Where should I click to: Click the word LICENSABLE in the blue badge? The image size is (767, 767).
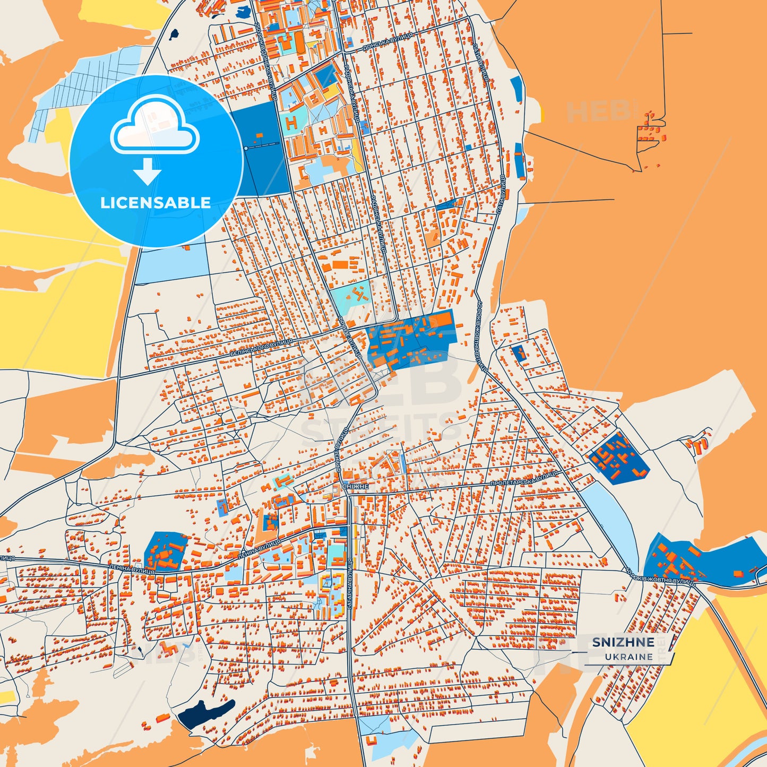click(156, 203)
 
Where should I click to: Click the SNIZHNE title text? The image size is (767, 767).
click(623, 642)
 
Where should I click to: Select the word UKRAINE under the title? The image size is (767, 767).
click(628, 657)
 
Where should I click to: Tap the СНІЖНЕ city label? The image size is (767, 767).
click(355, 486)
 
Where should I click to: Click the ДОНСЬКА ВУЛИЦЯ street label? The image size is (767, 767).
click(387, 41)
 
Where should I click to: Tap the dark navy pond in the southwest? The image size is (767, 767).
click(205, 713)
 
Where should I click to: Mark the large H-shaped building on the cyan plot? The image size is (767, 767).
click(291, 123)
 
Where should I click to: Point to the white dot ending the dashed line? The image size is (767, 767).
click(246, 148)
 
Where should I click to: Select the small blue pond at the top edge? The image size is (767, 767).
click(245, 12)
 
